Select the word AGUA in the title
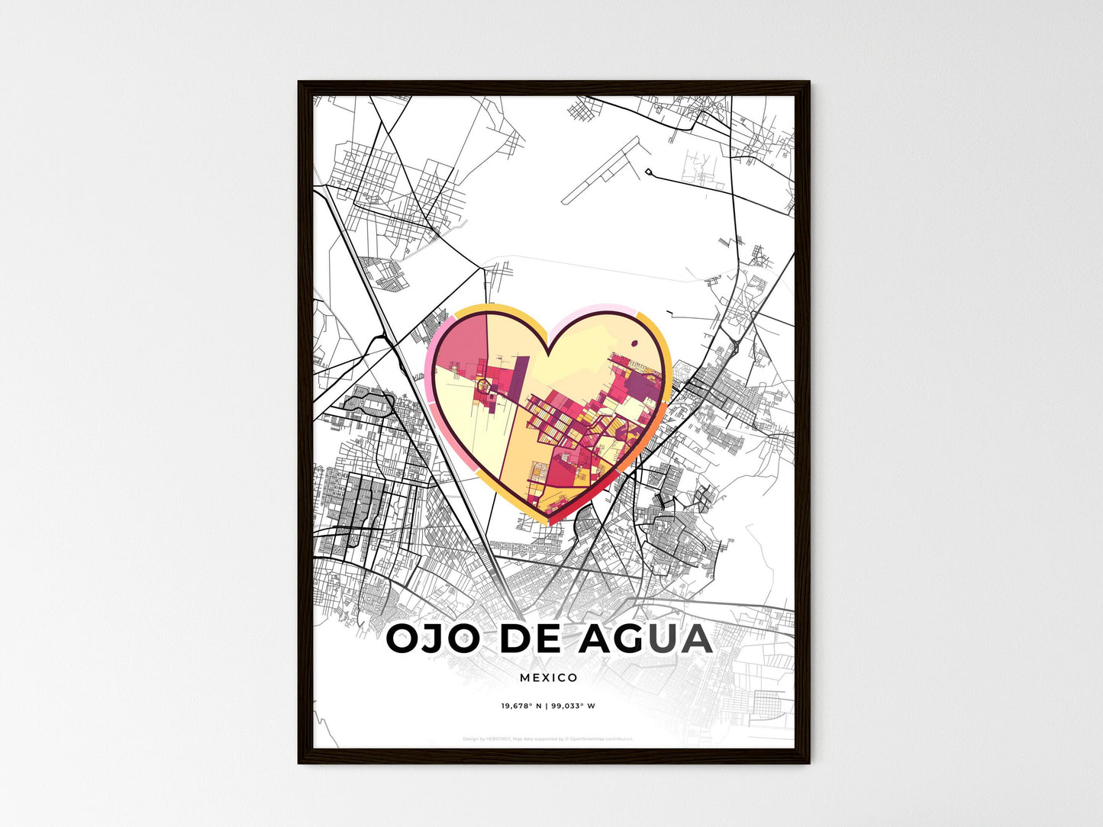point(646,639)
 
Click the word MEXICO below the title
point(549,677)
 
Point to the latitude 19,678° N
point(521,706)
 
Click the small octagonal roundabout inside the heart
point(483,386)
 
